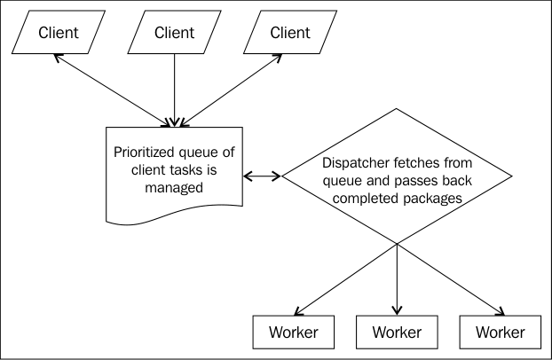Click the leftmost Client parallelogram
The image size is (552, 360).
(59, 32)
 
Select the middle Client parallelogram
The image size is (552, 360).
(174, 32)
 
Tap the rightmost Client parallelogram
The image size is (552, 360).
(290, 32)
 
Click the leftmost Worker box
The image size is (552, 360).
(293, 332)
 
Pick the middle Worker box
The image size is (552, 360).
(397, 332)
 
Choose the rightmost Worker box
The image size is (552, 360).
(501, 332)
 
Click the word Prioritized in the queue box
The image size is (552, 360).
(144, 153)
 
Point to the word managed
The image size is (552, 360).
(174, 188)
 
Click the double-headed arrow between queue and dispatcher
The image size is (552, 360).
(263, 176)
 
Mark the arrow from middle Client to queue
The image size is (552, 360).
(174, 90)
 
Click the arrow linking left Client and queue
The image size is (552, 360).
(113, 90)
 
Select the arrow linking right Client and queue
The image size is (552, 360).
(231, 90)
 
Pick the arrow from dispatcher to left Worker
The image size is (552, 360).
(346, 279)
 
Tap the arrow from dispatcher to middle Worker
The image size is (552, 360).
(397, 279)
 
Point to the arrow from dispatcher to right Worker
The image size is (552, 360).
(451, 279)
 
